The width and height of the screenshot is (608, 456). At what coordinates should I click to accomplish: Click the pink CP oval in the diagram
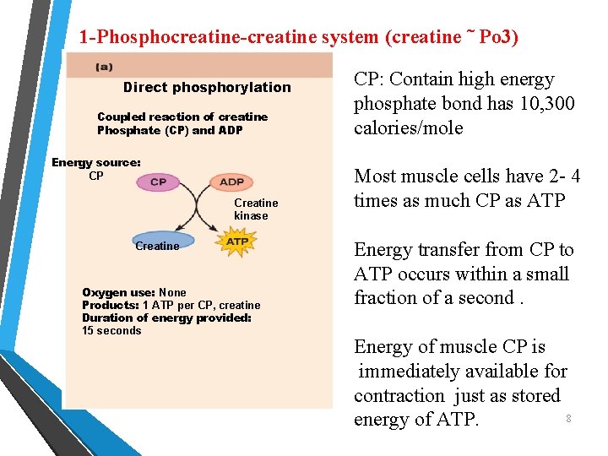158,182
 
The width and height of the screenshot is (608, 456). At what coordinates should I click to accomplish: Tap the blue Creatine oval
162,242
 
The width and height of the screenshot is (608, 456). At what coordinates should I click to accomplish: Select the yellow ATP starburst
237,242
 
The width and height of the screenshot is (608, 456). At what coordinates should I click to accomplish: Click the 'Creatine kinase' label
255,209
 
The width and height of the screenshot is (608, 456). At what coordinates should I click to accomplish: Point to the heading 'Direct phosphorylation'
206,87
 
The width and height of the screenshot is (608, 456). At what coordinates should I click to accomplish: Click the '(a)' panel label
104,66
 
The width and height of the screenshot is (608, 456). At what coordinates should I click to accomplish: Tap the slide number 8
568,419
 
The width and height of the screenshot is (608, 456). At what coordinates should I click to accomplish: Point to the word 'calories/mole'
408,128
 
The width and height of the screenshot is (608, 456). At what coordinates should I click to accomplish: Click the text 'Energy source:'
95,162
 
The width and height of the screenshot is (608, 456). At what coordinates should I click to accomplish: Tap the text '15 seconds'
111,331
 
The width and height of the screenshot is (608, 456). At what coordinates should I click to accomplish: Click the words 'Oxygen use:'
118,293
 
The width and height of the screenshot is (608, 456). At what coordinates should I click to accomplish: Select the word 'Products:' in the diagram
110,306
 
